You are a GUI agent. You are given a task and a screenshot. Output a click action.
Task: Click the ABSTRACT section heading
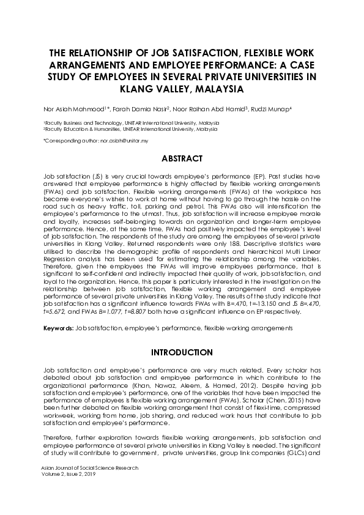pyautogui.click(x=182, y=158)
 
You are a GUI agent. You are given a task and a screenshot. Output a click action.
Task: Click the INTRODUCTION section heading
pyautogui.click(x=182, y=353)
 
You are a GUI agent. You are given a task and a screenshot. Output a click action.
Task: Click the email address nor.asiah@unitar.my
pyautogui.click(x=126, y=141)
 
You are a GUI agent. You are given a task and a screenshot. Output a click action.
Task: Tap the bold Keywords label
pyautogui.click(x=58, y=328)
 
